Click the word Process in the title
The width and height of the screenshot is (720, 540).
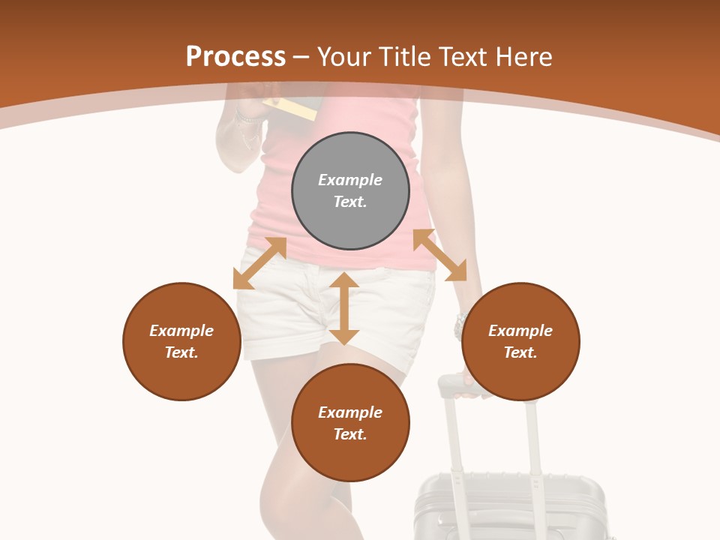click(x=235, y=56)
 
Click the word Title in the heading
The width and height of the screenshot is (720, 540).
click(x=401, y=56)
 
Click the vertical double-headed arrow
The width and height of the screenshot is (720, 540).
click(x=344, y=308)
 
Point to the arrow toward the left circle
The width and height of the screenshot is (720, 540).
click(x=259, y=263)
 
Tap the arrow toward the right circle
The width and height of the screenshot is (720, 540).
click(x=439, y=255)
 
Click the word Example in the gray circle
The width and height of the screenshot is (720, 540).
click(x=350, y=180)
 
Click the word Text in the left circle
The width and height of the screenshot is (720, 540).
click(x=181, y=352)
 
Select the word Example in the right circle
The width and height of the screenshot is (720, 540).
click(x=520, y=331)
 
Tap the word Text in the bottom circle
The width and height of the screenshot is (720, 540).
click(x=350, y=434)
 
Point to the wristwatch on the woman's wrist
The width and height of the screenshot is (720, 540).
click(x=459, y=326)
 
